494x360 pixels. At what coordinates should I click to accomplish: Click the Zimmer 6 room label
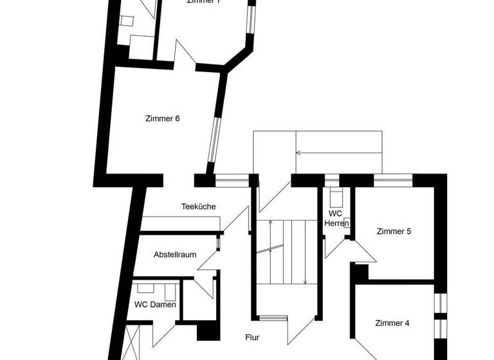coord(162,118)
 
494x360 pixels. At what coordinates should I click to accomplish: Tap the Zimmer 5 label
coord(394,231)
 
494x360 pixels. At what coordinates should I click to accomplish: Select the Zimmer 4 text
coord(392,323)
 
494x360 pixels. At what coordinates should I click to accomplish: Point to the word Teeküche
coord(198,206)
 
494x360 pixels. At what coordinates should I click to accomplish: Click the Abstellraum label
coord(175,255)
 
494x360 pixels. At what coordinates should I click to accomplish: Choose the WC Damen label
coord(155,305)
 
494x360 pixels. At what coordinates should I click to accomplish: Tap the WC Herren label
coord(335,218)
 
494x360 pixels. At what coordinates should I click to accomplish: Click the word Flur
coord(252,337)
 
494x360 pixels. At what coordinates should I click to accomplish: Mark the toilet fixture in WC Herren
coord(334,195)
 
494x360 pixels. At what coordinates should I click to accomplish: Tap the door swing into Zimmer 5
coord(361,250)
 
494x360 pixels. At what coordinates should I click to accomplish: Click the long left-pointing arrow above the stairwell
coord(338,154)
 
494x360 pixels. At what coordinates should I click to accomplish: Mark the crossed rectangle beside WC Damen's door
coord(133,341)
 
